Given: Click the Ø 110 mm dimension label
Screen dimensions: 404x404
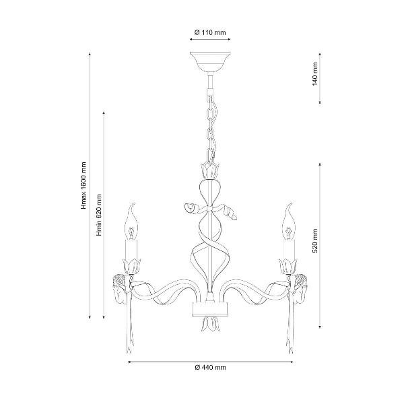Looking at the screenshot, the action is point(210,33).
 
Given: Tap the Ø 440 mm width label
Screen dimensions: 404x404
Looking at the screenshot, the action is point(210,368).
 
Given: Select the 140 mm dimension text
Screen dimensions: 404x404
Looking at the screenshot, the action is point(315,74).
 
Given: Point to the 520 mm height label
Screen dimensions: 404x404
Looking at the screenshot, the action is point(315,240).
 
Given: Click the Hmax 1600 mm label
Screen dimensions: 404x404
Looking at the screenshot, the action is point(84,186).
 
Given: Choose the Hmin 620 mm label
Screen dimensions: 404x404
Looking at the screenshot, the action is point(99,215).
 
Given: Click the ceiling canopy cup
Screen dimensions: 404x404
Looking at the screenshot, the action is point(210,62).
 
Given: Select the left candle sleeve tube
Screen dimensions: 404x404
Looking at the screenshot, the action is point(131,249).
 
